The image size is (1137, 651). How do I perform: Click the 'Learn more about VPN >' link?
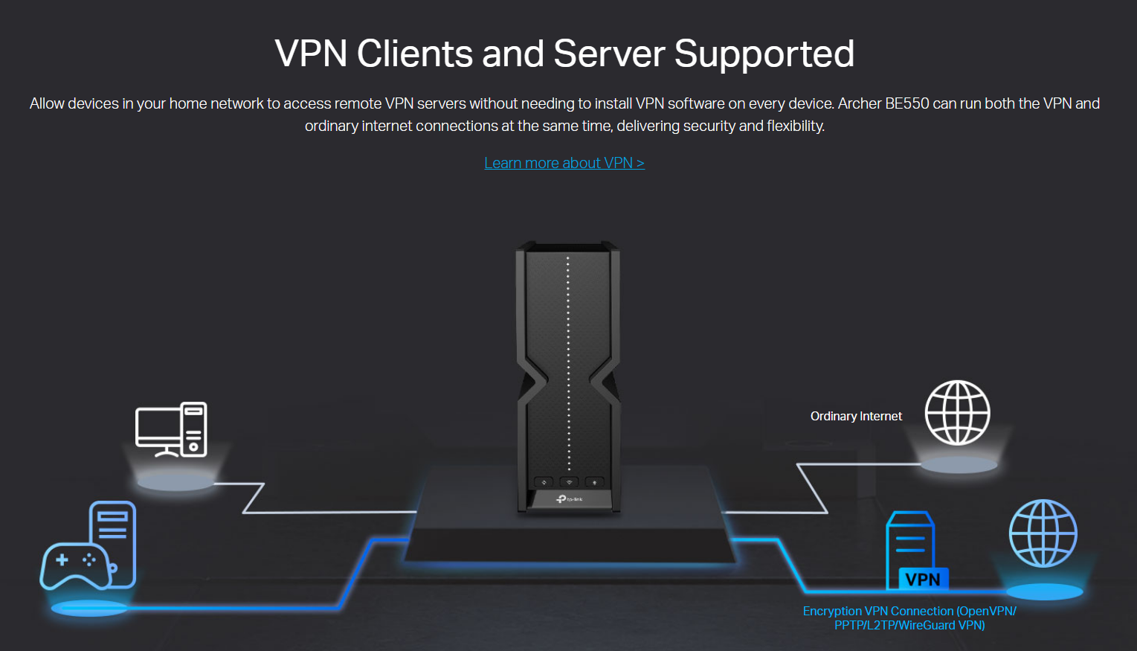[x=564, y=163]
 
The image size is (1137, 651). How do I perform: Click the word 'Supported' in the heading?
[x=764, y=54]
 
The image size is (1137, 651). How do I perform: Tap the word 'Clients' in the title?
[x=414, y=54]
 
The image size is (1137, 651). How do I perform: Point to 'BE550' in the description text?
[x=906, y=103]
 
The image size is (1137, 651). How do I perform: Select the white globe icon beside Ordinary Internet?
[x=957, y=413]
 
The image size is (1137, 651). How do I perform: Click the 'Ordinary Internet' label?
[x=856, y=417]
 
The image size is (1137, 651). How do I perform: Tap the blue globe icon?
[x=1043, y=533]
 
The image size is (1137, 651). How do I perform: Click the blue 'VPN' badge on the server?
[x=922, y=580]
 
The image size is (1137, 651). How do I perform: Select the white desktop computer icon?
[x=171, y=429]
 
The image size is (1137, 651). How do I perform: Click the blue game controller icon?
[x=75, y=565]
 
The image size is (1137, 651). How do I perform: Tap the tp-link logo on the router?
[x=570, y=498]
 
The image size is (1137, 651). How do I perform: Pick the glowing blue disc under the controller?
[x=88, y=607]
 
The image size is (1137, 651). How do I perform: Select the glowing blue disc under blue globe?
[x=1044, y=592]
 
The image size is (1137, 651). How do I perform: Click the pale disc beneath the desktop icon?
[x=175, y=483]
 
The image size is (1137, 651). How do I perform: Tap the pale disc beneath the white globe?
[x=959, y=466]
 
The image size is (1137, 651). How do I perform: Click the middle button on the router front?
[x=569, y=482]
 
